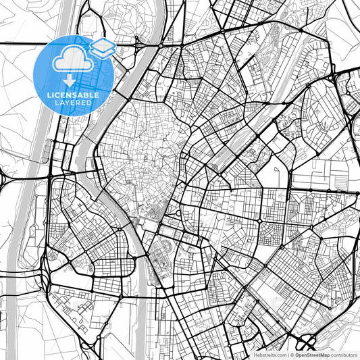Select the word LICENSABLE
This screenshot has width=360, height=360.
(x=73, y=95)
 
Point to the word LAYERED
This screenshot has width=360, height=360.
(x=74, y=103)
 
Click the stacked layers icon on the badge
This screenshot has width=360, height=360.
(x=102, y=49)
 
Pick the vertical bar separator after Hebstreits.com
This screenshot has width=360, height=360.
(x=288, y=355)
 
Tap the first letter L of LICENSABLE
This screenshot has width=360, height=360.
(x=48, y=95)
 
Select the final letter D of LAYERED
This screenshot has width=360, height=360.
(x=91, y=103)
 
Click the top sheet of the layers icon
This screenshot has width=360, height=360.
(x=102, y=45)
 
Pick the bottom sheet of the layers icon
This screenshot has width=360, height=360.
(x=102, y=53)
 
